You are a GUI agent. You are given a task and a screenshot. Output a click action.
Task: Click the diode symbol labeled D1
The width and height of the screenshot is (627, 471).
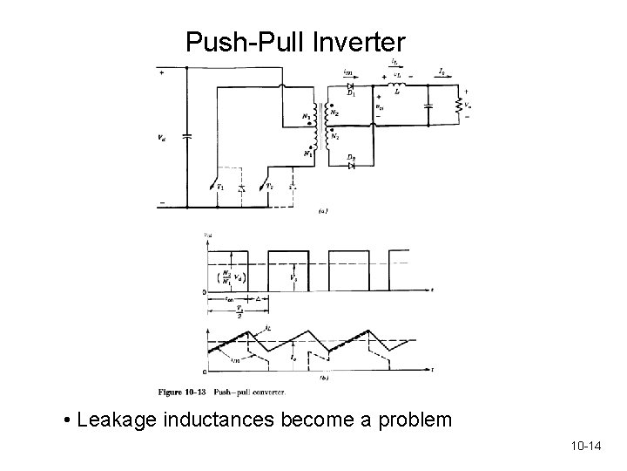pos(349,87)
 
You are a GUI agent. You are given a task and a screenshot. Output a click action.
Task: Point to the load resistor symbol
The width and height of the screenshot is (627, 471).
pos(460,105)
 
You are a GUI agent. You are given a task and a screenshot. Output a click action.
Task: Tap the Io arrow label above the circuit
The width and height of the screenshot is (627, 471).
pos(443,70)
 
